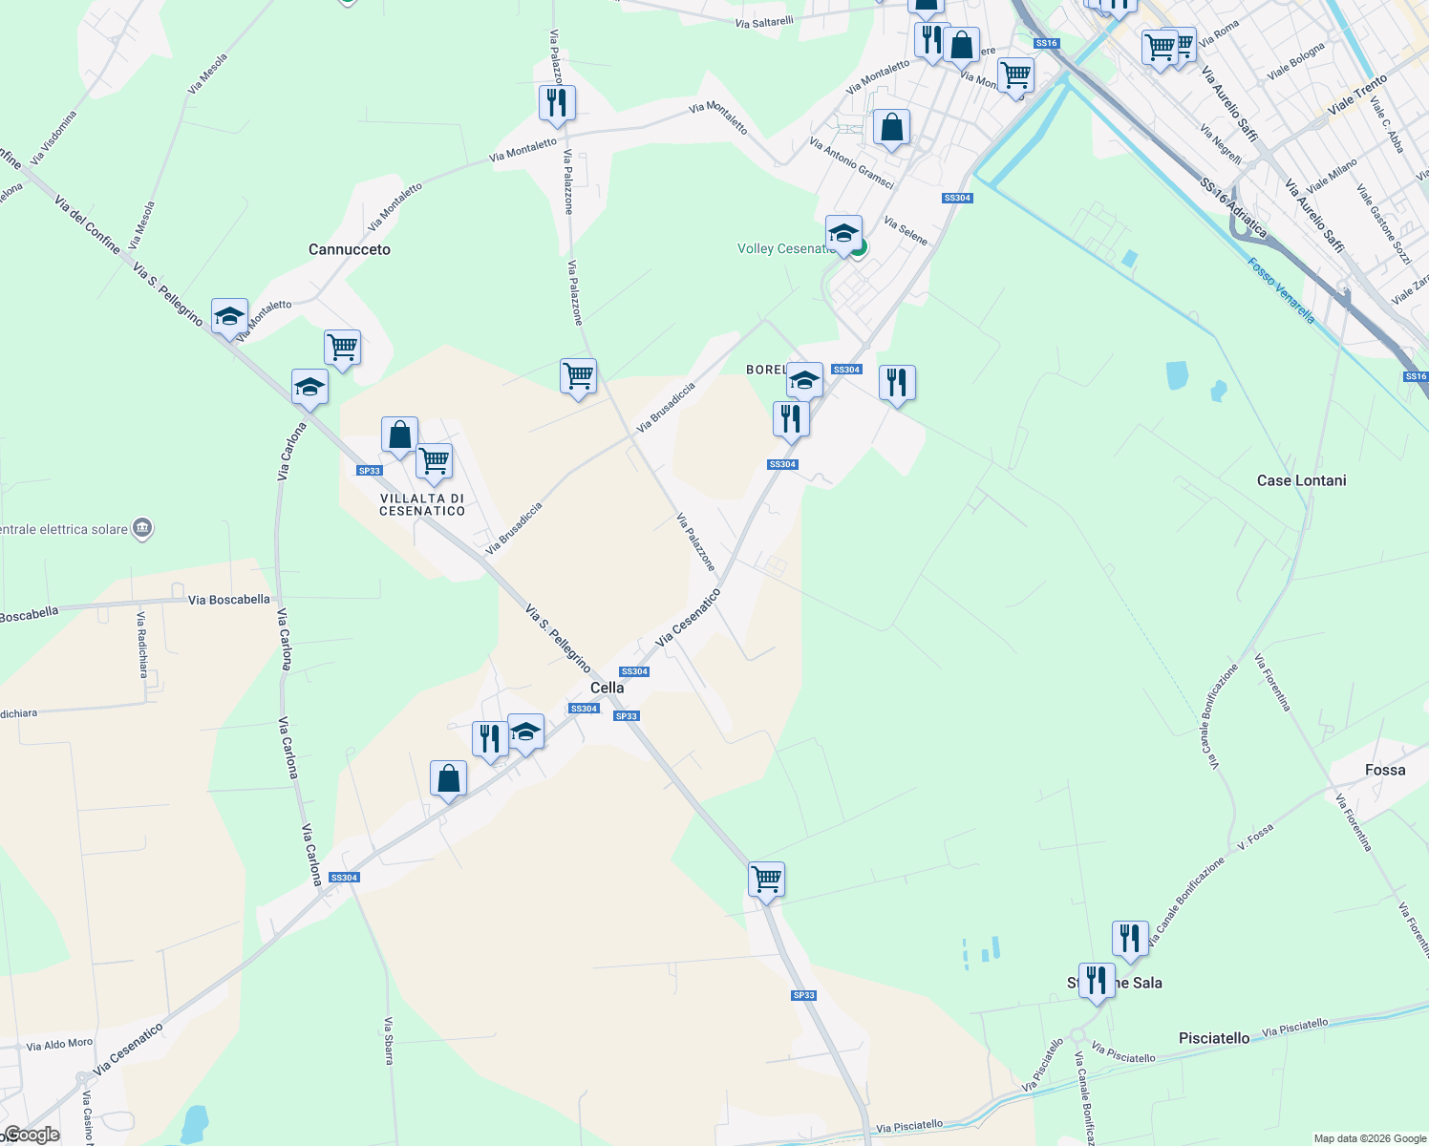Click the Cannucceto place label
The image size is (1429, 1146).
pyautogui.click(x=350, y=249)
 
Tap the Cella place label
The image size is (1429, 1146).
pyautogui.click(x=607, y=688)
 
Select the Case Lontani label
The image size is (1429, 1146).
pyautogui.click(x=1301, y=480)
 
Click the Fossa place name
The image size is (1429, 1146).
pyautogui.click(x=1385, y=770)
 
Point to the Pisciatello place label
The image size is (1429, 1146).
pyautogui.click(x=1214, y=1038)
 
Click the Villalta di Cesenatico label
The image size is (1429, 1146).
pyautogui.click(x=422, y=504)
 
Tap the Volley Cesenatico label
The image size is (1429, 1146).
pyautogui.click(x=786, y=248)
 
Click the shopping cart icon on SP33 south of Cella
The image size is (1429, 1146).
pyautogui.click(x=766, y=880)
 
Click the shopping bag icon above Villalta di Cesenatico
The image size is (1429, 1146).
pyautogui.click(x=399, y=435)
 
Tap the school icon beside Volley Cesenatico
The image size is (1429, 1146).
pyautogui.click(x=843, y=235)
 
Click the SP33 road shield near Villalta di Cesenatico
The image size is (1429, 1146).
pyautogui.click(x=370, y=470)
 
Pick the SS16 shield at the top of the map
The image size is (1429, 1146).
pyautogui.click(x=1046, y=43)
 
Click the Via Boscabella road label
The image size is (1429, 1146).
pyautogui.click(x=229, y=600)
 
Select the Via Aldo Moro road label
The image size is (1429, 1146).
pyautogui.click(x=59, y=1045)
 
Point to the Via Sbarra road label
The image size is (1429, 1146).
pyautogui.click(x=389, y=1040)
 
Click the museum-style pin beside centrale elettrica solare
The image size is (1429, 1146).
pyautogui.click(x=142, y=528)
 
